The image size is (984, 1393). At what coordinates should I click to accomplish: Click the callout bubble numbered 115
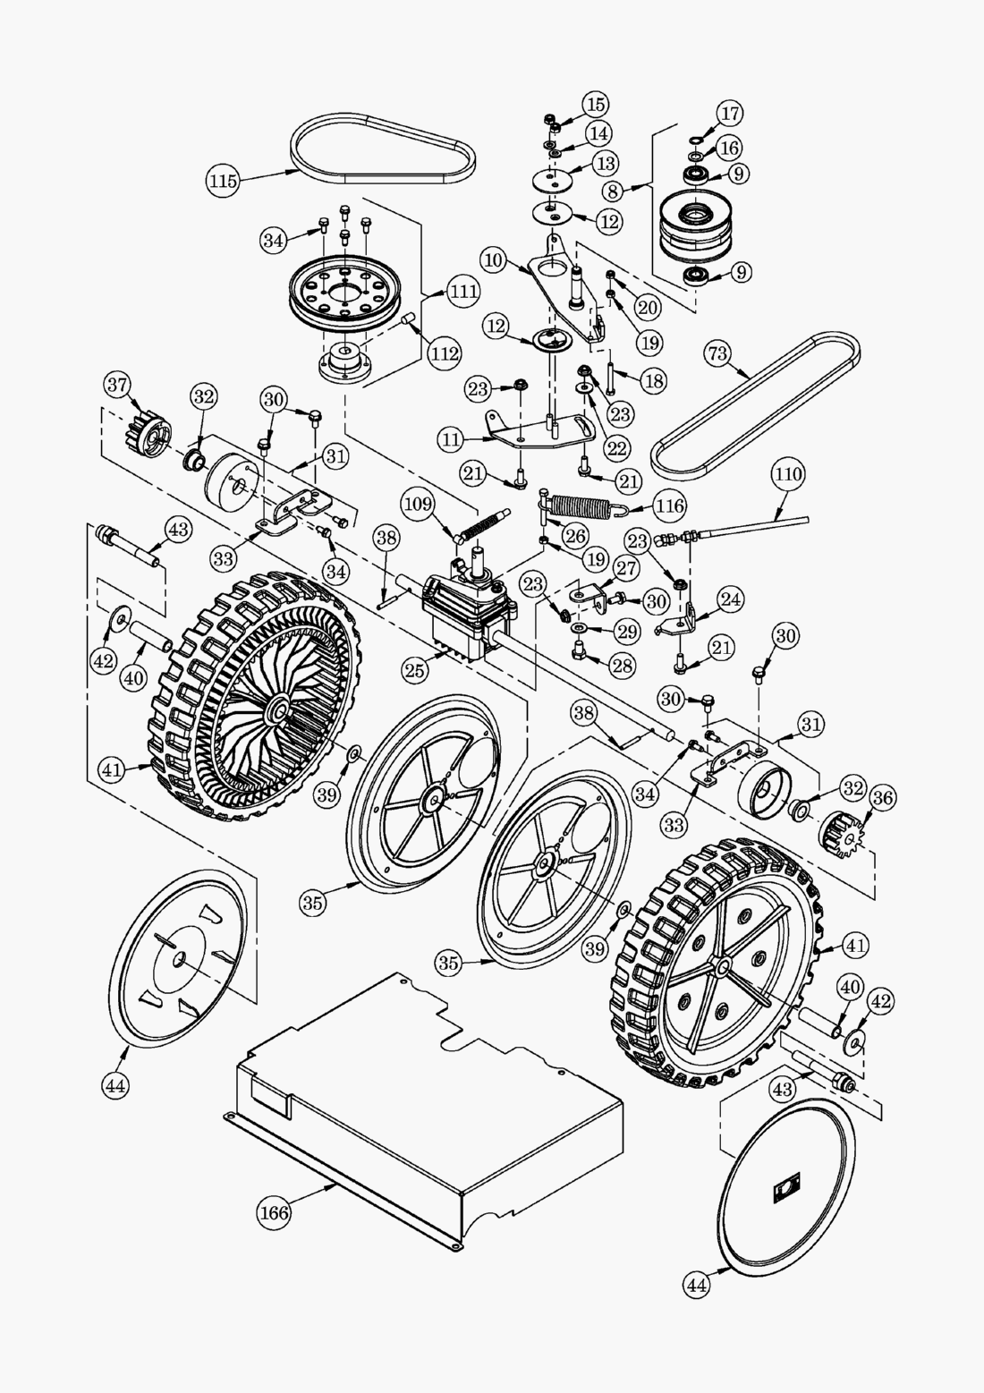point(223,181)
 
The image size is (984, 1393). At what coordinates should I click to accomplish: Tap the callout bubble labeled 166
point(275,1212)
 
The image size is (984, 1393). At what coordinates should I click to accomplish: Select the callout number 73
point(718,353)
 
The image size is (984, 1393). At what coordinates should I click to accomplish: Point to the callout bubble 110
point(788,473)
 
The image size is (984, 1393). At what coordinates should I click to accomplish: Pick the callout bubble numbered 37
point(116,385)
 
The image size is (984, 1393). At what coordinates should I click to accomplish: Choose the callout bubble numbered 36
point(881,795)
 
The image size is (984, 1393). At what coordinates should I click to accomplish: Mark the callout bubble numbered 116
point(670,506)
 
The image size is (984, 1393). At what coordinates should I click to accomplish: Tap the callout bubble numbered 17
point(730,114)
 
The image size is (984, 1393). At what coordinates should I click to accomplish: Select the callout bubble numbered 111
point(463,291)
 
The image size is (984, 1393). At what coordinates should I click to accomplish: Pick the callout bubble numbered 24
point(731,599)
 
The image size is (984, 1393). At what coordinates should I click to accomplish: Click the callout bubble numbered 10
point(492,261)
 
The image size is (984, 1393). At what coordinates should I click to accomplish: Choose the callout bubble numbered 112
point(445,354)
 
